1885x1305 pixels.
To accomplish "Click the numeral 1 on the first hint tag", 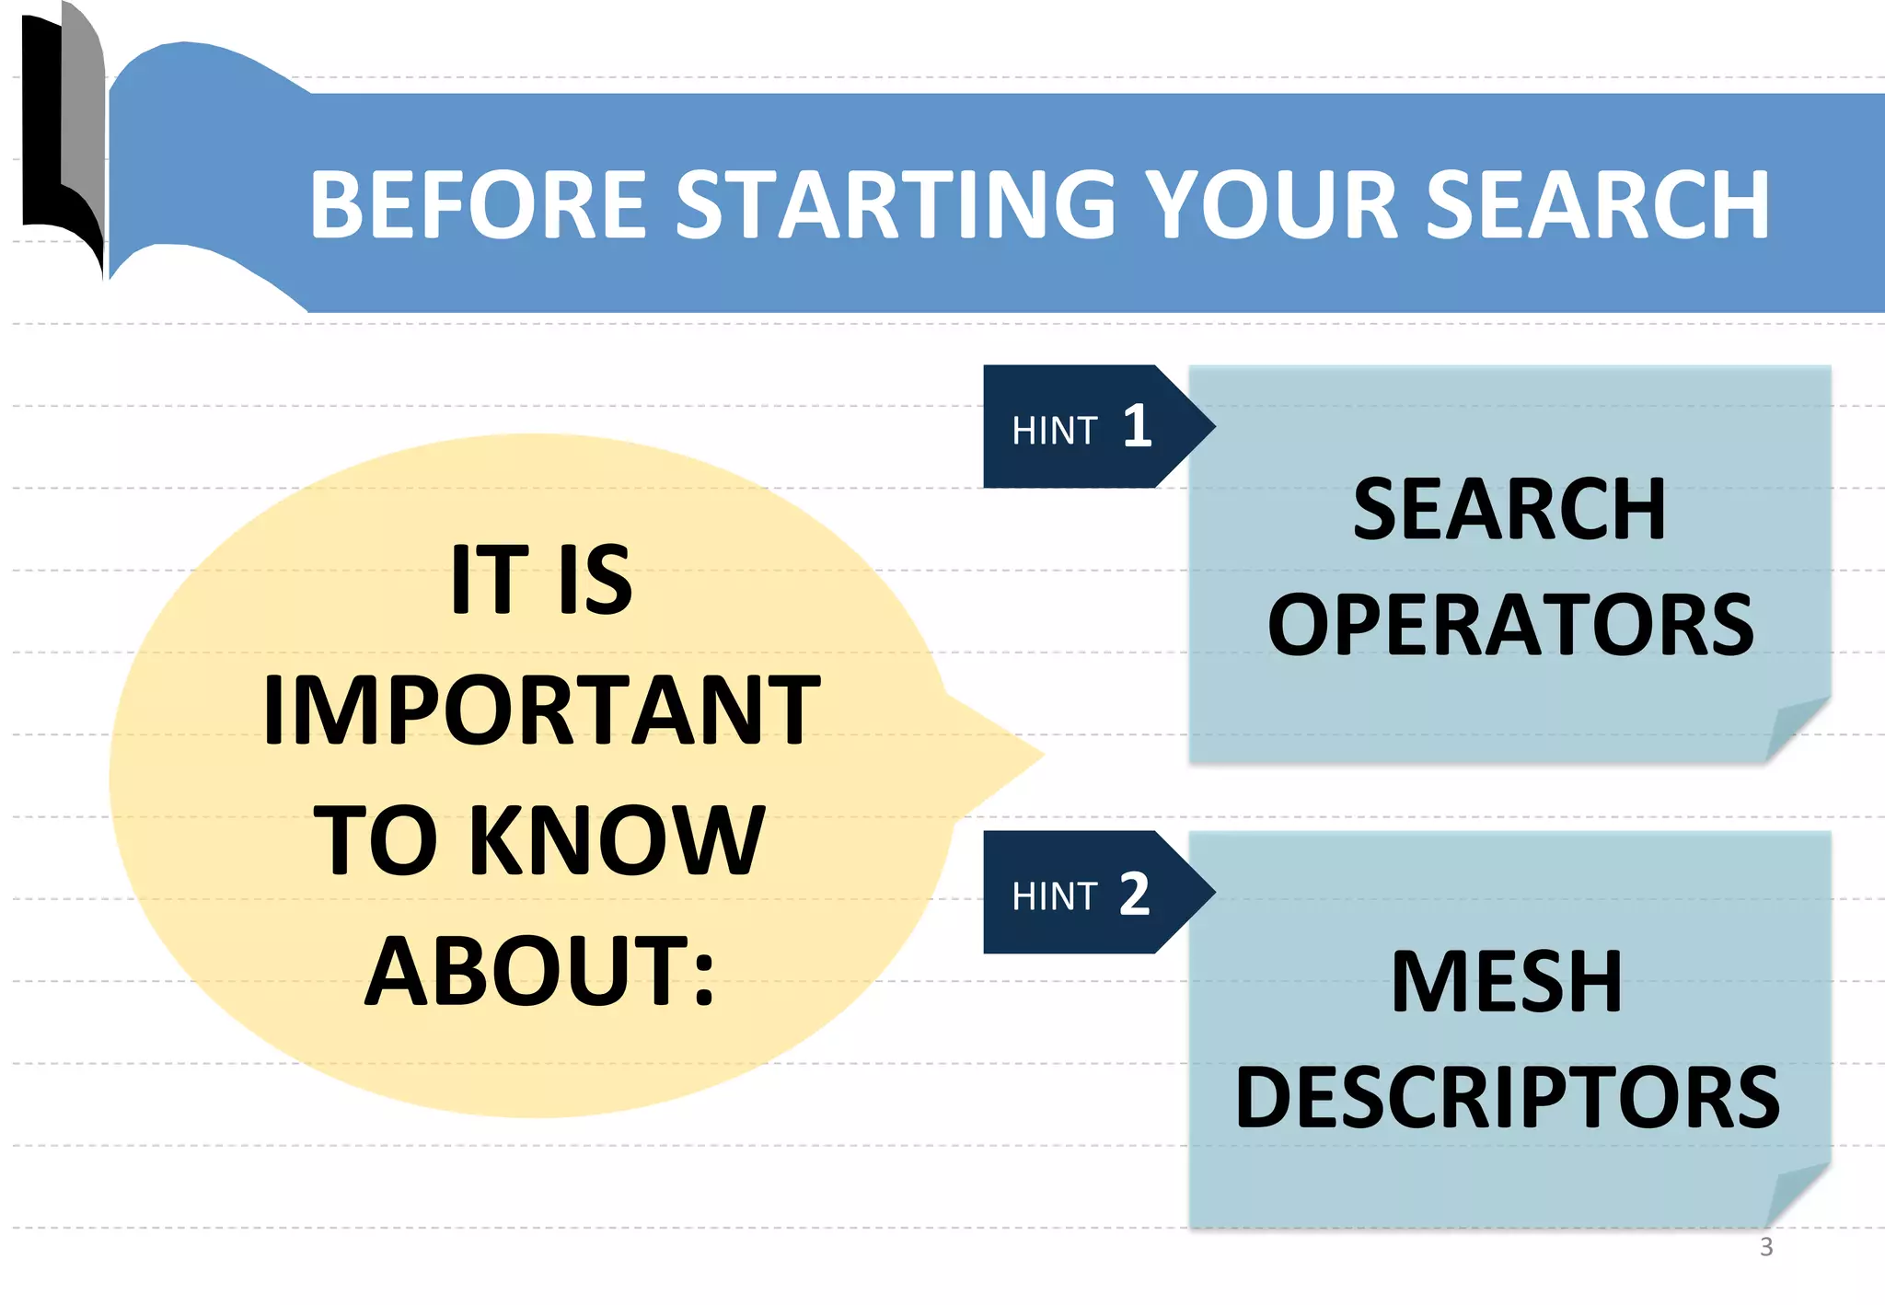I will tap(1138, 426).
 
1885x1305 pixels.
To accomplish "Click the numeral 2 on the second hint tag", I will tap(1135, 893).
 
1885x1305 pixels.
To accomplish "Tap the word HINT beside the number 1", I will tap(1055, 431).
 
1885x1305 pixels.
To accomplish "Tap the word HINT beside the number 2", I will tap(1055, 896).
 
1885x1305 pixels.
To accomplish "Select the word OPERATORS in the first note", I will tap(1510, 626).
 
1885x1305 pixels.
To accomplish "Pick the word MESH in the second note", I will tap(1507, 982).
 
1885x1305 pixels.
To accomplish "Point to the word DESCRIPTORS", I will tap(1508, 1097).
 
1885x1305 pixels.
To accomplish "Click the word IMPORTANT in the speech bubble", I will tap(541, 710).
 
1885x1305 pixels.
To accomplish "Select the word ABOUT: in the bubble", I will tap(540, 971).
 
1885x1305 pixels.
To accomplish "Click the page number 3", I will tap(1765, 1247).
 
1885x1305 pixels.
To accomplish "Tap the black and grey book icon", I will tap(63, 138).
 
